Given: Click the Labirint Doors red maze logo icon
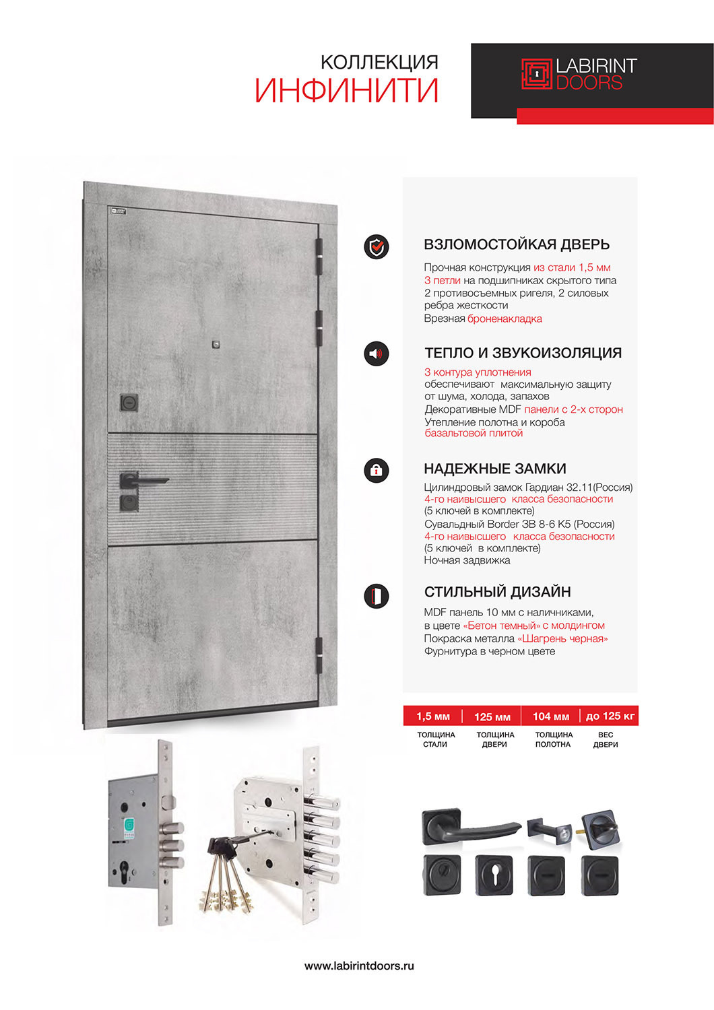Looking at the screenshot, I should click(536, 74).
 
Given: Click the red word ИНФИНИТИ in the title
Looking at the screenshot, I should click(347, 91).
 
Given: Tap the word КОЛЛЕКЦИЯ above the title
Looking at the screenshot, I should click(379, 63).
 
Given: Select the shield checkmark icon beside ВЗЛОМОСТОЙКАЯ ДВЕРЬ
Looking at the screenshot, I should click(377, 247).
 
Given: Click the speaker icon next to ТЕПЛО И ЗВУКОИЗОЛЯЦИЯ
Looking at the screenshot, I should click(377, 353).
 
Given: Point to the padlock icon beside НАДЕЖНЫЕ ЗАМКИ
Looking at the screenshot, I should click(377, 469).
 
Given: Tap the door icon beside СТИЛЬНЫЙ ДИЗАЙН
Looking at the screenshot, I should click(377, 596).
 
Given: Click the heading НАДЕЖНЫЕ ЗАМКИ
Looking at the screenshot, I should click(495, 469).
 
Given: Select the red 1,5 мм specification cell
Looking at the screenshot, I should click(433, 716).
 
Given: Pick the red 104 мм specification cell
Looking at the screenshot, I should click(551, 716).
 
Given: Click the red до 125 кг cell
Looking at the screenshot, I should click(610, 716).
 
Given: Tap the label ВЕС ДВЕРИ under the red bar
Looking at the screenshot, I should click(606, 739).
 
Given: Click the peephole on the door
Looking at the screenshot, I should click(216, 345).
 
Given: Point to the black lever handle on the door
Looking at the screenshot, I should click(144, 481).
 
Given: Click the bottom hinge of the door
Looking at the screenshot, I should click(319, 654).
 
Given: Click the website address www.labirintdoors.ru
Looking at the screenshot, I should click(359, 966).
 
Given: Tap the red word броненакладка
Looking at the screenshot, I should click(505, 318).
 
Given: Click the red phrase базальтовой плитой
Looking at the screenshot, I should click(474, 433).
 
